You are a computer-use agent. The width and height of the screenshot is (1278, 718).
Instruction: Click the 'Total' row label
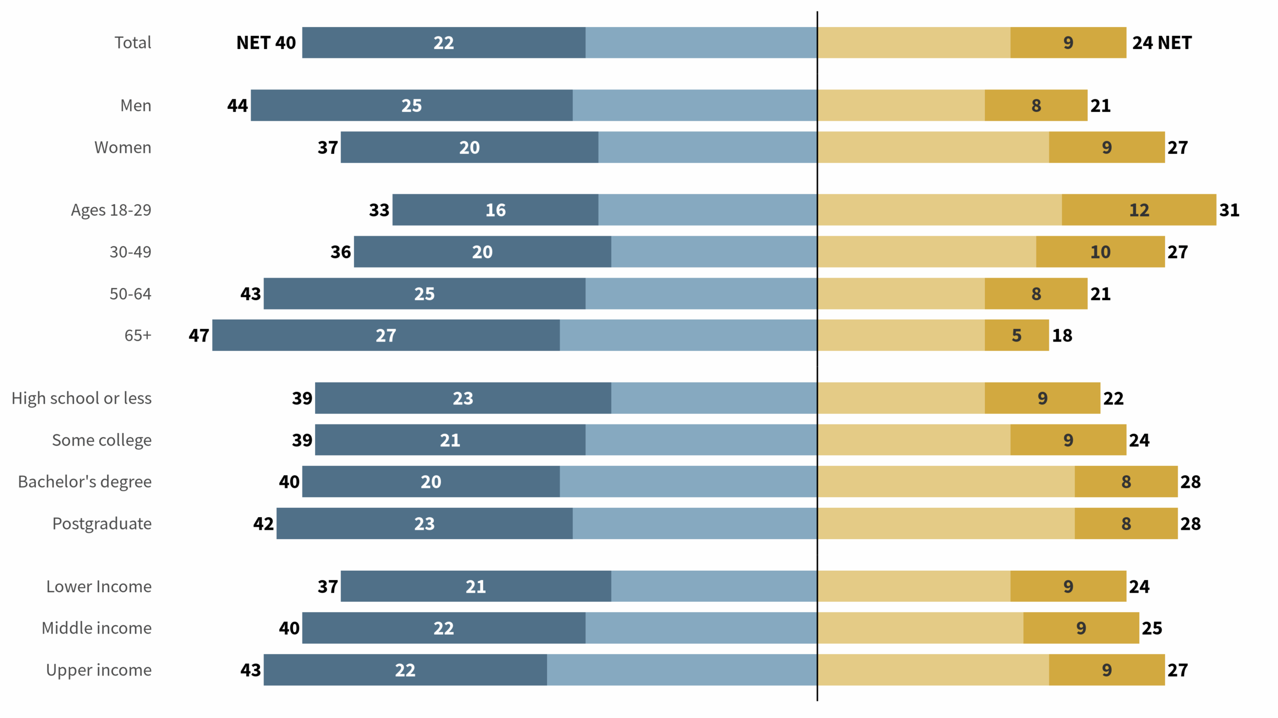pos(132,42)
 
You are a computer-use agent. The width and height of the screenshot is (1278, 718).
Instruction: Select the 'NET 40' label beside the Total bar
pos(266,43)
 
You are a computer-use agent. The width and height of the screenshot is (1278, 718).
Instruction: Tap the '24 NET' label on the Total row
pos(1161,43)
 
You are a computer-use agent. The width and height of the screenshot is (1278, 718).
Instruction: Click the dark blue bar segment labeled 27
pos(385,336)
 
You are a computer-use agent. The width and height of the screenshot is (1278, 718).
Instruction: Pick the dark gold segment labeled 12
pos(1139,210)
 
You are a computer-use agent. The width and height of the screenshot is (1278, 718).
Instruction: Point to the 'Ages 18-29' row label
pos(111,210)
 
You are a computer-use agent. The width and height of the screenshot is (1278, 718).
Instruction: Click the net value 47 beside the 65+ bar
pos(199,336)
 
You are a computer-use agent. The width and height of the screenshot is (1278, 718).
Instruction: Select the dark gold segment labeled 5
pos(1016,336)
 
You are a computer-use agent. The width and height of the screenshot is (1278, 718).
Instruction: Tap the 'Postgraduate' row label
pos(102,523)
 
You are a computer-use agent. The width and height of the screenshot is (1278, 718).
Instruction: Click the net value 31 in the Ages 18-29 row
pos(1229,210)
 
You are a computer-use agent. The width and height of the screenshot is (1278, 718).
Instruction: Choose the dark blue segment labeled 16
pos(495,210)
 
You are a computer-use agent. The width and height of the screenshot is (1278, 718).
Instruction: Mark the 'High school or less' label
pos(81,398)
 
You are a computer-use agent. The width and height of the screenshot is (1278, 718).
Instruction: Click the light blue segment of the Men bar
pos(694,105)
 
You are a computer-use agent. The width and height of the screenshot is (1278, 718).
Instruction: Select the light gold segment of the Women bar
pos(933,147)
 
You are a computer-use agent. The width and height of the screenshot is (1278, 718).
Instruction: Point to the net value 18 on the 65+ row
pos(1062,336)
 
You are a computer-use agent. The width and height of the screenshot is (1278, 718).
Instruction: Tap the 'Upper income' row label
pos(99,670)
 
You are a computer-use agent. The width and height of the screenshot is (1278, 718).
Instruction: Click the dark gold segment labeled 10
pos(1100,252)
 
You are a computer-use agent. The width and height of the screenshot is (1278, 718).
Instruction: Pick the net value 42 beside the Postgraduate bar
pos(264,523)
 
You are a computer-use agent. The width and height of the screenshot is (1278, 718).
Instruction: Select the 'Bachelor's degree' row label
pos(85,481)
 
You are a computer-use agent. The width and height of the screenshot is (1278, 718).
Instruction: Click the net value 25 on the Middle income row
pos(1152,628)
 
